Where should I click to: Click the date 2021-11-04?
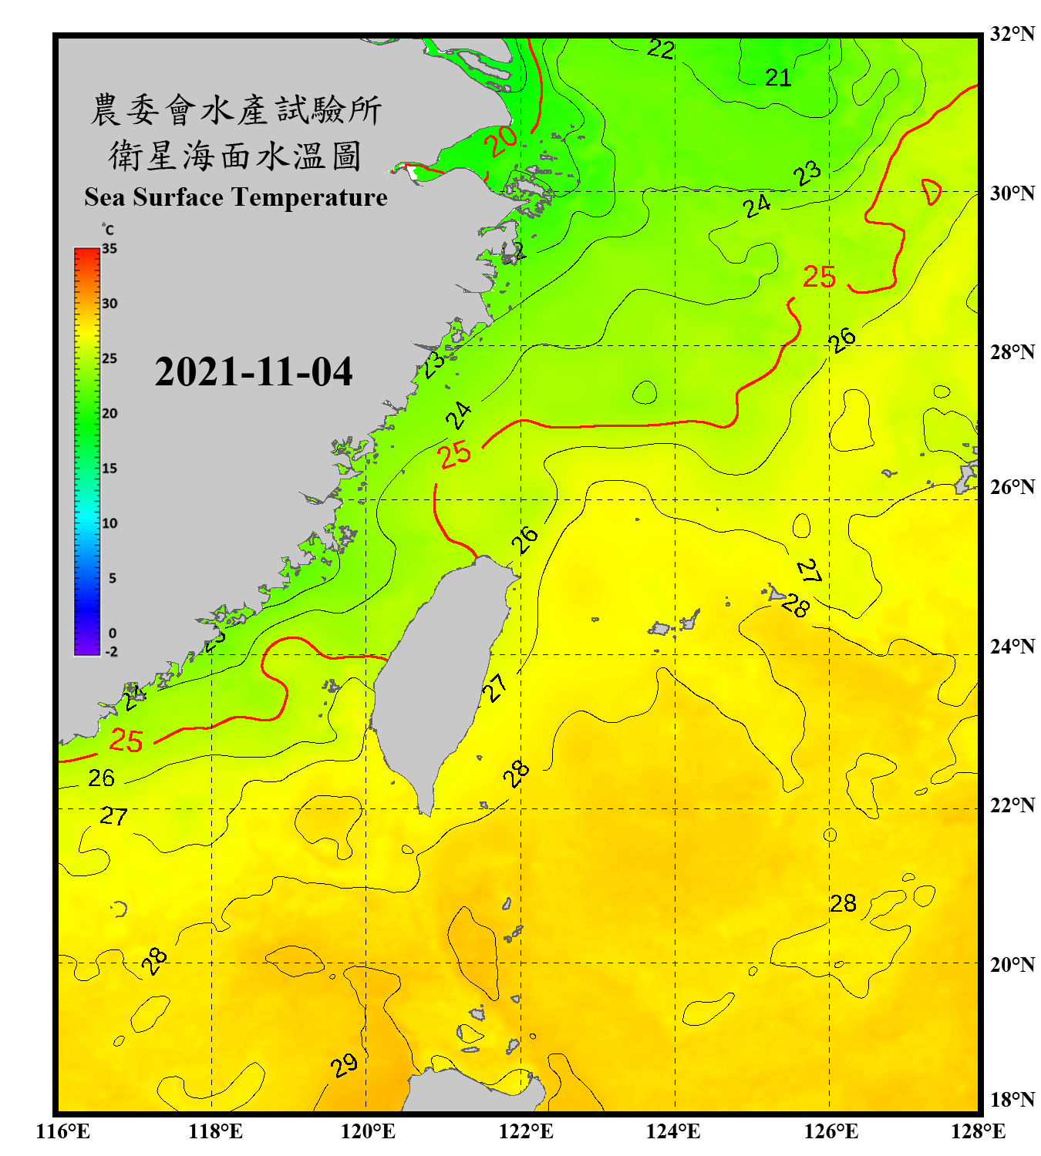click(253, 372)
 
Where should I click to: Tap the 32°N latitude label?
click(1012, 34)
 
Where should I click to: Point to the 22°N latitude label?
click(1012, 805)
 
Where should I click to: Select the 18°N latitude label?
click(1012, 1100)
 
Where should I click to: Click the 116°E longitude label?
click(62, 1131)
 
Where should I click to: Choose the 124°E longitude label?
click(673, 1131)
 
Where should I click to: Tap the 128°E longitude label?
click(978, 1131)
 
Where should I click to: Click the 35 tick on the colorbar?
click(109, 249)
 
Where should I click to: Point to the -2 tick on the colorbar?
click(111, 652)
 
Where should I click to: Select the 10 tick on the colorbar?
click(109, 523)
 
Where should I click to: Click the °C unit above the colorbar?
click(108, 230)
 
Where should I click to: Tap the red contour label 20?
click(500, 141)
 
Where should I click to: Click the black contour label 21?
click(778, 77)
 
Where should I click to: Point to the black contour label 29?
click(344, 1066)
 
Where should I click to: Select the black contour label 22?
click(661, 49)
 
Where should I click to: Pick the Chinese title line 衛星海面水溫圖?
click(235, 156)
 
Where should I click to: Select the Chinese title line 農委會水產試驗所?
click(235, 110)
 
